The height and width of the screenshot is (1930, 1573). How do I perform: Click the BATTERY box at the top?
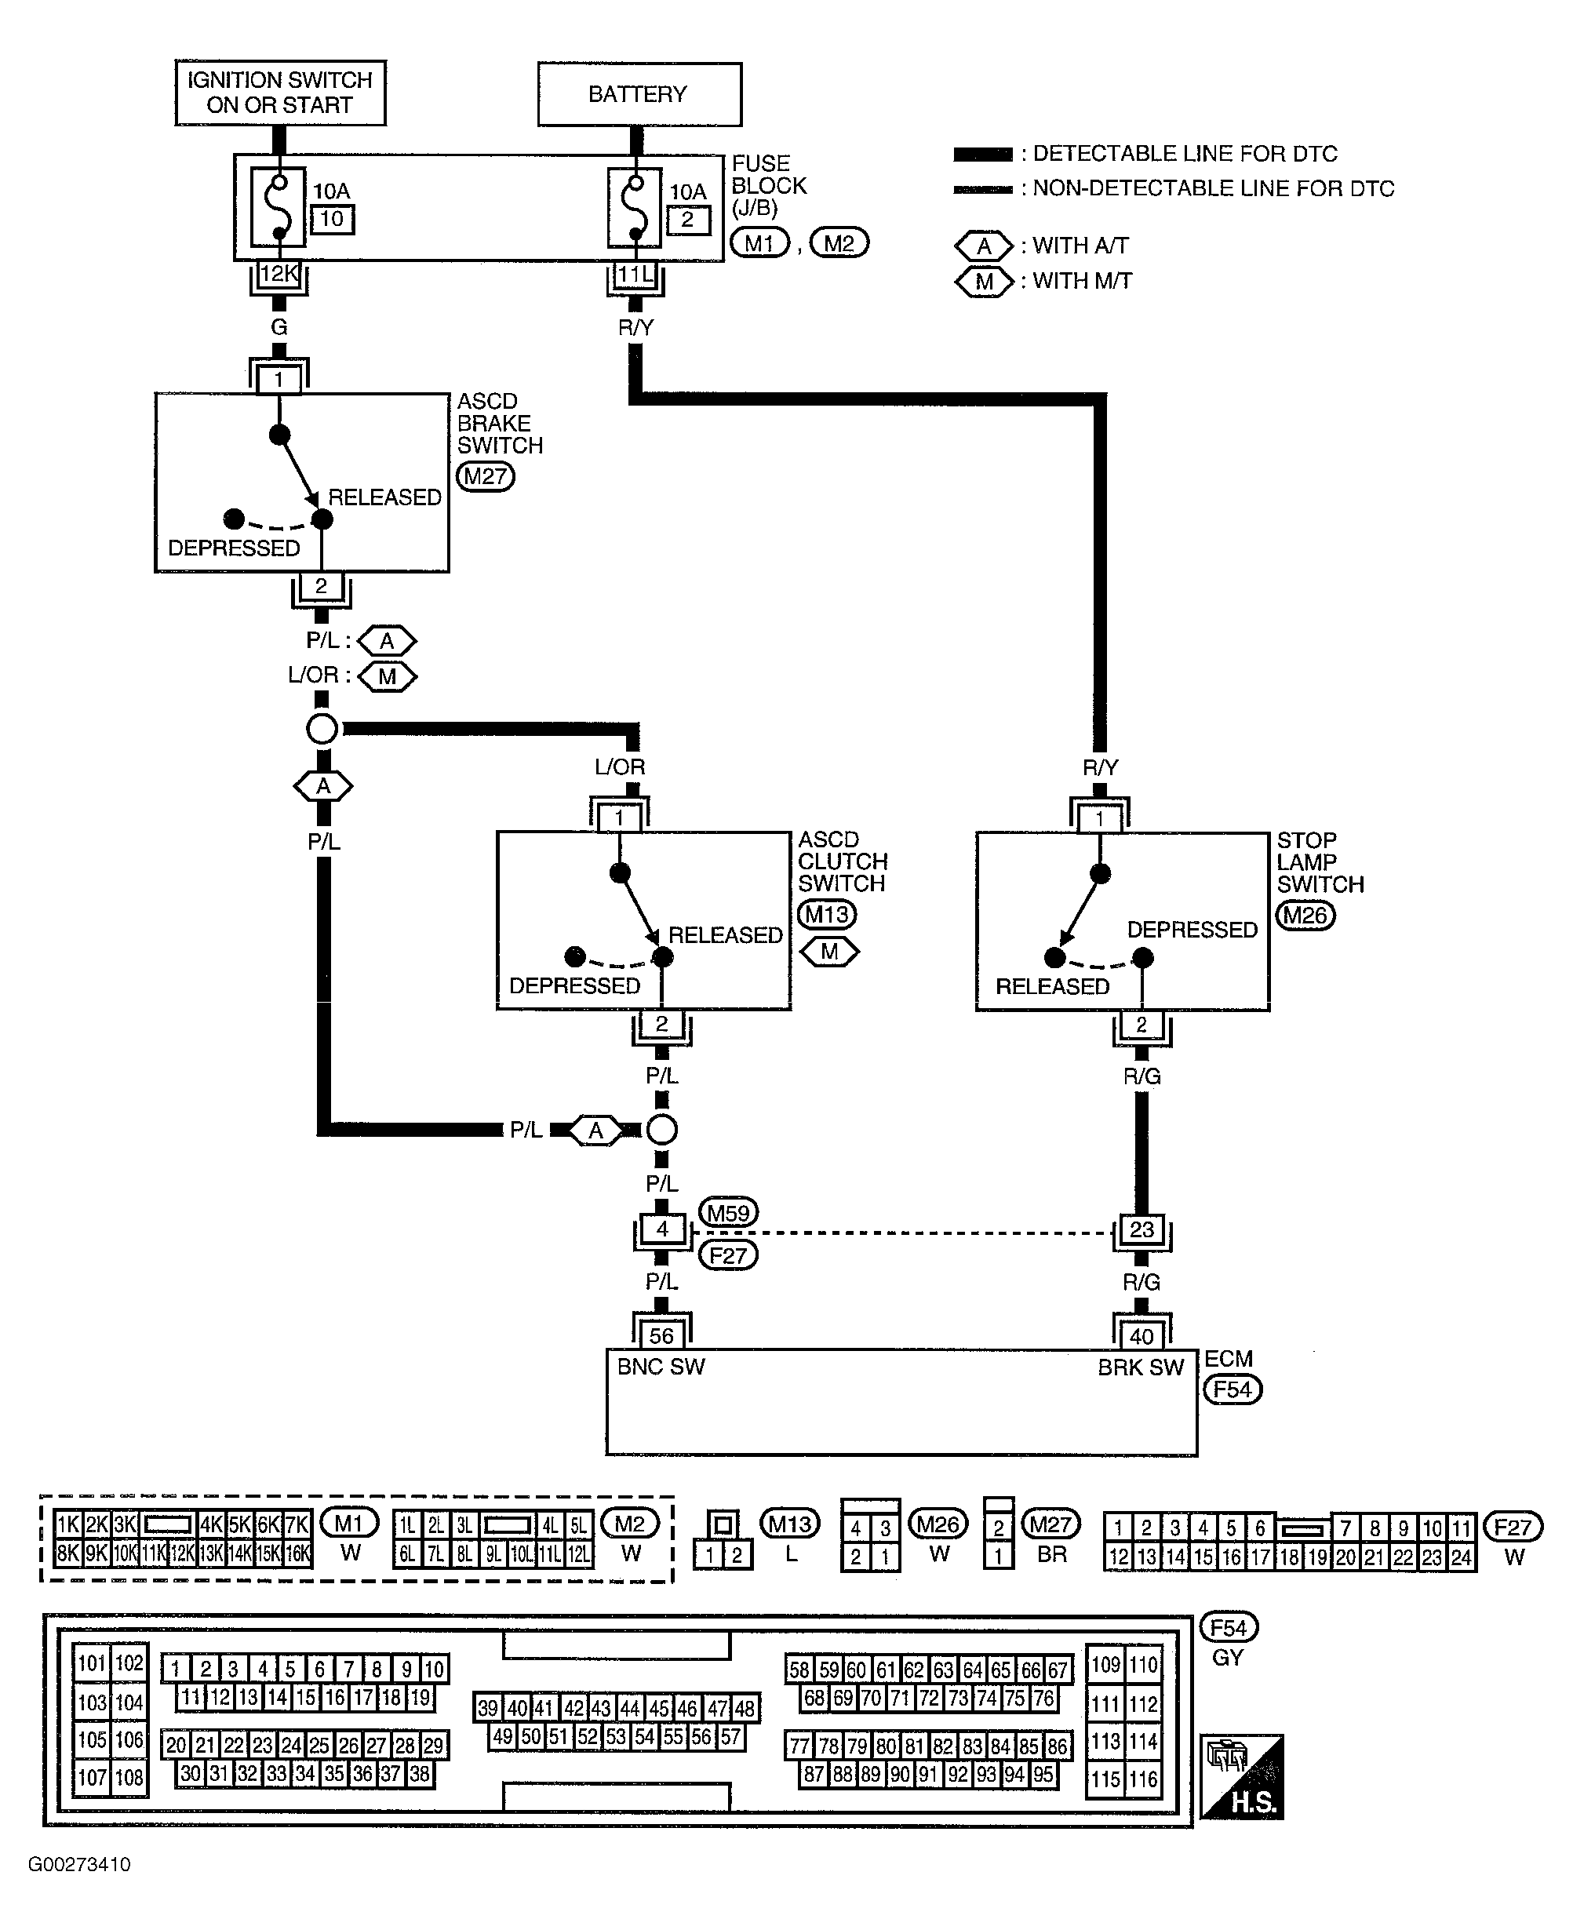click(x=639, y=94)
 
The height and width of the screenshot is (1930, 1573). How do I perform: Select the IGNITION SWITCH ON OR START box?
click(x=280, y=93)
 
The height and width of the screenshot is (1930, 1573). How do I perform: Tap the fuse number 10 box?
click(x=332, y=219)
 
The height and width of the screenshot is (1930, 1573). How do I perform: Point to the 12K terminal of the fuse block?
click(x=279, y=274)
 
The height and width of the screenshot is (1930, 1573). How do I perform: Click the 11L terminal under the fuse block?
click(x=635, y=274)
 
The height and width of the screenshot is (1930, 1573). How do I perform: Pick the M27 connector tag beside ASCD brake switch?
click(x=486, y=476)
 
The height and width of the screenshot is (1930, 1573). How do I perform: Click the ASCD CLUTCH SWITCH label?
click(x=843, y=861)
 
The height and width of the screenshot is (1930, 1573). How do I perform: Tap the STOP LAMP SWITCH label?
click(x=1320, y=862)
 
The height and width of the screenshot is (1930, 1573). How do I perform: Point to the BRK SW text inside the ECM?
click(x=1141, y=1368)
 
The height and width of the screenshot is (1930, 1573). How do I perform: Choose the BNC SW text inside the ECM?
click(x=661, y=1367)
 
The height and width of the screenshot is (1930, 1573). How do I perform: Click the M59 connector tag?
click(x=729, y=1212)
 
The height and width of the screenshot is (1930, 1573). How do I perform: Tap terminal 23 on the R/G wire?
click(x=1142, y=1229)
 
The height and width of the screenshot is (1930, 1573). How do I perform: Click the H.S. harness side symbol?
click(x=1242, y=1777)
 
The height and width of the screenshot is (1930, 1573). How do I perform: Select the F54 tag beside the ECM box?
click(x=1233, y=1389)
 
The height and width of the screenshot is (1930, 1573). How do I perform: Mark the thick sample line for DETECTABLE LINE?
click(x=983, y=154)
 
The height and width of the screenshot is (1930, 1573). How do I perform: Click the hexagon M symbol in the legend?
click(x=984, y=282)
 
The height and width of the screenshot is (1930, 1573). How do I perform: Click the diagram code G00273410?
click(x=80, y=1865)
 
